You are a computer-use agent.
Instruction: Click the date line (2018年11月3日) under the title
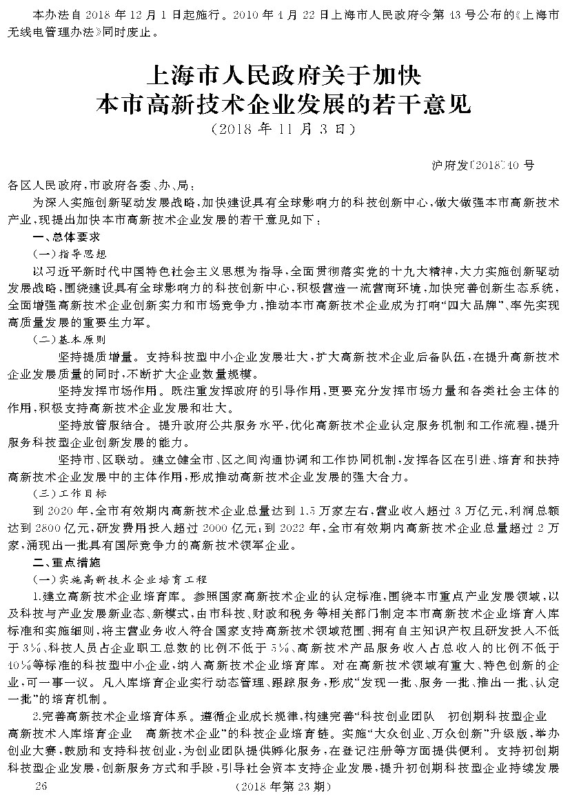click(284, 128)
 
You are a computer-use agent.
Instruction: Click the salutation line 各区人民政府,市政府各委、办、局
click(105, 185)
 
